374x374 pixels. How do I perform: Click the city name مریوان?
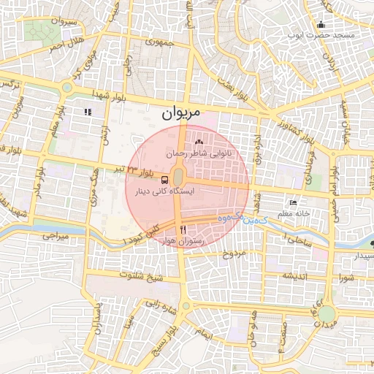[178, 113]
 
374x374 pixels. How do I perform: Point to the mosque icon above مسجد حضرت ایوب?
[321, 24]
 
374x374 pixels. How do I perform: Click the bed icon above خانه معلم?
[294, 202]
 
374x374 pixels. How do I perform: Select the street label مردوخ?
[237, 253]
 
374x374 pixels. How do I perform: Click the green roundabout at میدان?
[326, 314]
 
